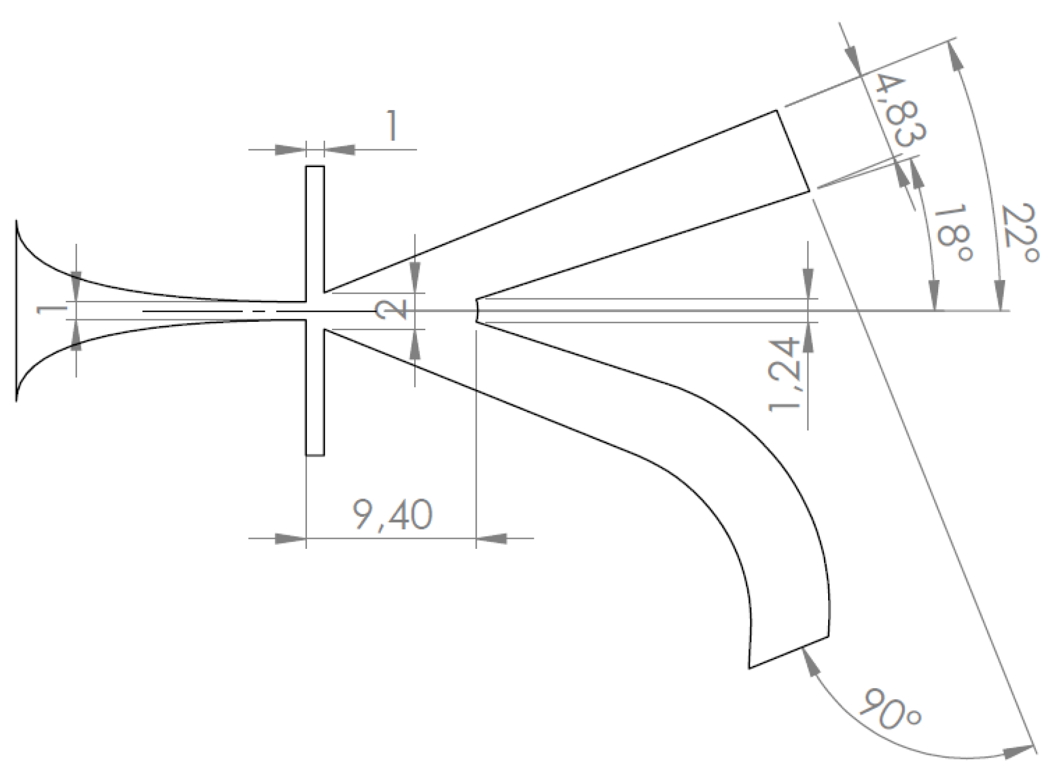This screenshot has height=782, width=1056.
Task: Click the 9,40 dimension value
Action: pos(392,516)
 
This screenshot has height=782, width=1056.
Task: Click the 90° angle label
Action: pos(891,709)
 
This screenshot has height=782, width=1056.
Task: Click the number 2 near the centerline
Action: pos(390,309)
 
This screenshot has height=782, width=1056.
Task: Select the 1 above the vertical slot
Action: pos(390,127)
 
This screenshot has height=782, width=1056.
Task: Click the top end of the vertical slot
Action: pos(315,167)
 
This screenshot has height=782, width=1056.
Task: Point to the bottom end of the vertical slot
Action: pos(315,455)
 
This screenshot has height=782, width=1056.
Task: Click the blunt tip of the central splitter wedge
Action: pos(477,310)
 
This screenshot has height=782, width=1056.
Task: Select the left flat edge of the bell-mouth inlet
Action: pos(16,310)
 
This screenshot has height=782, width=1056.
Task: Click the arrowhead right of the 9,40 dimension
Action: pos(491,538)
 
